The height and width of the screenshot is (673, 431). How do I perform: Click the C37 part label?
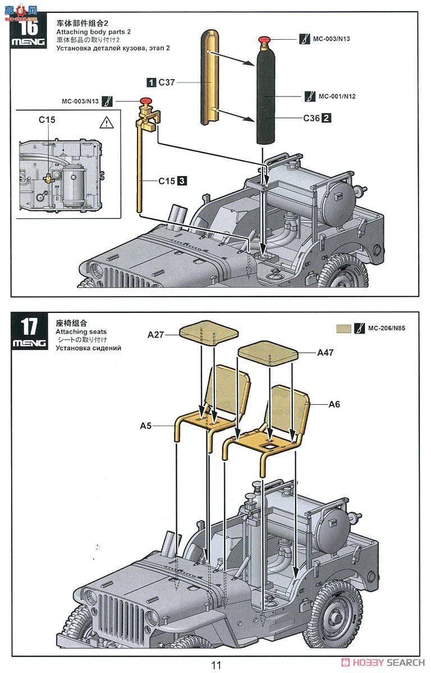[166, 82]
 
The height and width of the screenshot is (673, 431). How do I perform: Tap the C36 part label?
[311, 118]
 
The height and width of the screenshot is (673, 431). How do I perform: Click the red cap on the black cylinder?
[264, 39]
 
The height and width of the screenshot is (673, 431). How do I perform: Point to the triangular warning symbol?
[107, 123]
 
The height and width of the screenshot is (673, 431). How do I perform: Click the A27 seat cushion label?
[155, 335]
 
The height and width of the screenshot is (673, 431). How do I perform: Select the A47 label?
[325, 352]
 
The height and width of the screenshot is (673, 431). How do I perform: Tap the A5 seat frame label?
[146, 426]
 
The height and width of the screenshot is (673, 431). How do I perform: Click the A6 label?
[334, 404]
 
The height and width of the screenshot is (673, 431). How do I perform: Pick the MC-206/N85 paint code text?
[387, 328]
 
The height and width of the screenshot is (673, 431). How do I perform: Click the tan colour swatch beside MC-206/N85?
[343, 329]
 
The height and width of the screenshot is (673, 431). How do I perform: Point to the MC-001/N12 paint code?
[337, 96]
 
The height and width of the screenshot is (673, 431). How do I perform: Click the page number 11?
[216, 665]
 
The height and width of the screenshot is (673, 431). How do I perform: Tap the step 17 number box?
[29, 331]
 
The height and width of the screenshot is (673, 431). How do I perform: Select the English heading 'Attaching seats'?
[81, 331]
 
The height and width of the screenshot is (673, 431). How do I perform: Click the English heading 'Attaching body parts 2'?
[94, 32]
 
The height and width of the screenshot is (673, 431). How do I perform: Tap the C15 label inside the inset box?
[47, 120]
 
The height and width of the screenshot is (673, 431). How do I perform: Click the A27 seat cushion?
[209, 333]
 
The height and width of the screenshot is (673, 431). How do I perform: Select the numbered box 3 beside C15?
[182, 181]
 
